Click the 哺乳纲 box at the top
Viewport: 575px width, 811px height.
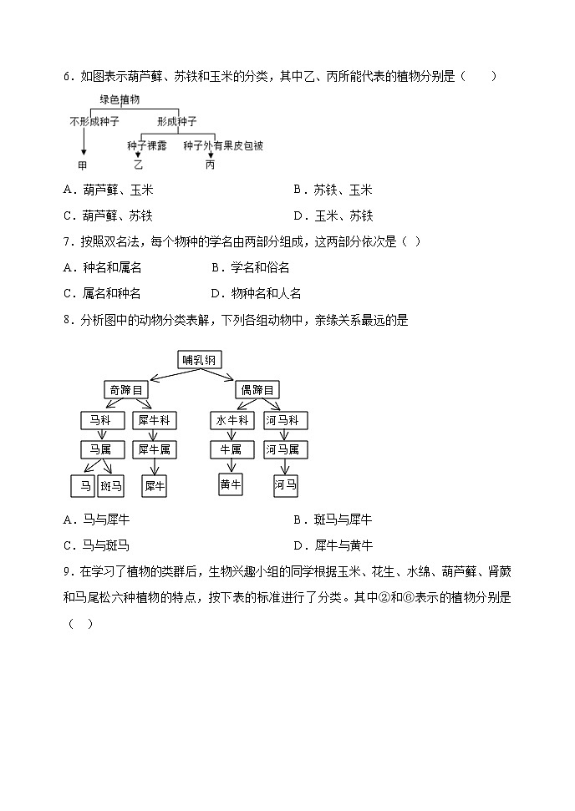click(x=201, y=360)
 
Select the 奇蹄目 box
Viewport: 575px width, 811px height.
click(x=126, y=389)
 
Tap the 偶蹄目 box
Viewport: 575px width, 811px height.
click(x=257, y=389)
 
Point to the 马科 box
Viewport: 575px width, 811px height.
click(x=101, y=420)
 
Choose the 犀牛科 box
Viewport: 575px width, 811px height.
click(x=154, y=420)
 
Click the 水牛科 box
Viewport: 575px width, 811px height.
click(x=232, y=420)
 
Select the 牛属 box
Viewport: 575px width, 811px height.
click(x=231, y=450)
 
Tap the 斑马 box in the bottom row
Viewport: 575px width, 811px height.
click(x=110, y=485)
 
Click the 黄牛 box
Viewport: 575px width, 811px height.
click(x=231, y=484)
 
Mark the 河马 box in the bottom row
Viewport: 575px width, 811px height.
click(x=286, y=485)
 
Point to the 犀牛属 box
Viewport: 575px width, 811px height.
click(x=154, y=450)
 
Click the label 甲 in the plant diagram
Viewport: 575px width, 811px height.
click(x=82, y=165)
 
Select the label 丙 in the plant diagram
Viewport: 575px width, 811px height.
click(x=210, y=165)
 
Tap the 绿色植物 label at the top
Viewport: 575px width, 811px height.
click(x=120, y=99)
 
